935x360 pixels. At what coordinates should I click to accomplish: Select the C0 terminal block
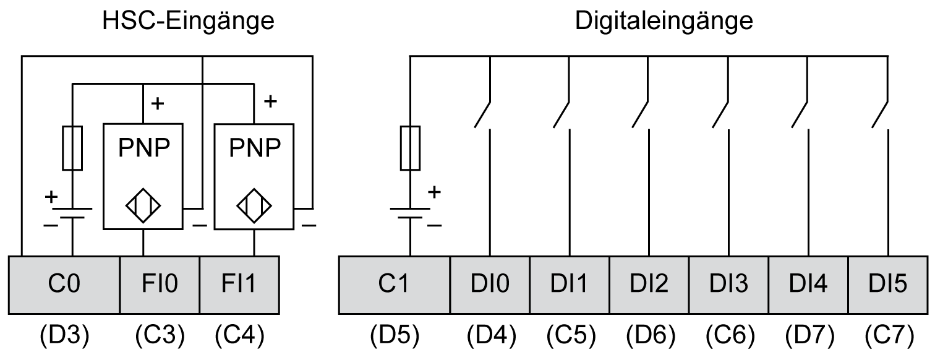65,285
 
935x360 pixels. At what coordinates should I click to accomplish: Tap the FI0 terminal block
160,285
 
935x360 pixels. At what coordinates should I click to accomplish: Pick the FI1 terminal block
239,285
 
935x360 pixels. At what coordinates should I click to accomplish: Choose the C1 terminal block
395,285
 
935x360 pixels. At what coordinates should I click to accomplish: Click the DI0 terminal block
490,285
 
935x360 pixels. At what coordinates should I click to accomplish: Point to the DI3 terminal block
728,285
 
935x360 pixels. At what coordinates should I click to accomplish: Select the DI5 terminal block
887,285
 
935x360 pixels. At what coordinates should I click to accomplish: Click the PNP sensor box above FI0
143,175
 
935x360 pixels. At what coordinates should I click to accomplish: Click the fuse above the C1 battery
411,147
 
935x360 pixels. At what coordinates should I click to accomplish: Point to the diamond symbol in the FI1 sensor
254,205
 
